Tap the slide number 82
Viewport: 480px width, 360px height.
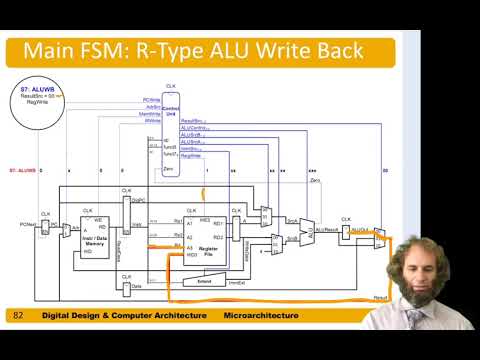18,316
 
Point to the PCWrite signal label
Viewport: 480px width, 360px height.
151,99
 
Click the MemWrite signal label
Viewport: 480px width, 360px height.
150,113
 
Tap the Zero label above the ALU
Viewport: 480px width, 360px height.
314,181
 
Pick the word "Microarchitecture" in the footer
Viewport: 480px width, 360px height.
259,316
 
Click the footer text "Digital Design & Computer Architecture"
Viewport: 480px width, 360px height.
123,316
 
